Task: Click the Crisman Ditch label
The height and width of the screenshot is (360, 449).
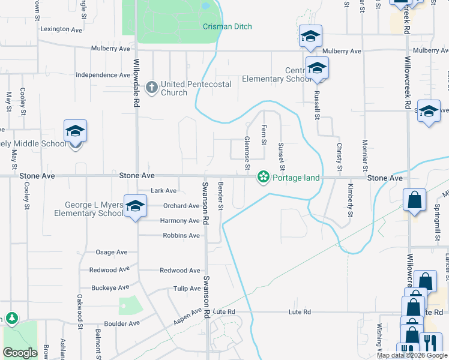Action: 227,27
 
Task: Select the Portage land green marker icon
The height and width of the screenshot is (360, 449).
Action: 262,178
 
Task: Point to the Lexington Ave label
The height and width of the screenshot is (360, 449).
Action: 61,29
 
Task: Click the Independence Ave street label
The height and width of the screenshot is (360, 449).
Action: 103,76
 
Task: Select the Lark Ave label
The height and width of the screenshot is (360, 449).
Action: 164,191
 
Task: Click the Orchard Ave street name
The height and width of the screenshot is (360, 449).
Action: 181,206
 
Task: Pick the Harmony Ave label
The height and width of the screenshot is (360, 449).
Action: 179,221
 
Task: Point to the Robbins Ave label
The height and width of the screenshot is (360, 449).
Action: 181,236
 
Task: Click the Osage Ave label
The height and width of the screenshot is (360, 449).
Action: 112,252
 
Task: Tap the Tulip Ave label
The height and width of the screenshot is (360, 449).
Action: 187,289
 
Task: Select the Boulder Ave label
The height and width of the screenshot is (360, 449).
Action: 122,323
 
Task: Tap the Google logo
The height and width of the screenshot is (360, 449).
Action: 20,353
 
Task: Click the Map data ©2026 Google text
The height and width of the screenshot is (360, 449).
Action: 412,355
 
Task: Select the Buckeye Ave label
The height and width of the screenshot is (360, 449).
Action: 110,288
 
